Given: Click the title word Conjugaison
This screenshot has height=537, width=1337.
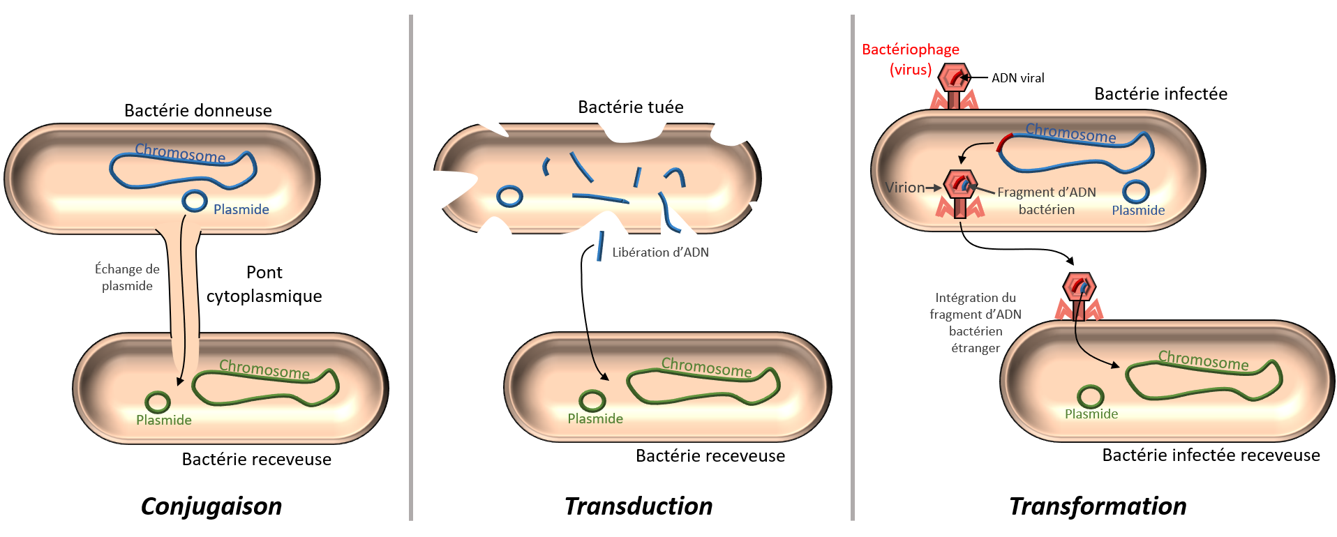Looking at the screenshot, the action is pos(211,506).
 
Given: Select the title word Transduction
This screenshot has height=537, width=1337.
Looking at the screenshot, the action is pos(638,506).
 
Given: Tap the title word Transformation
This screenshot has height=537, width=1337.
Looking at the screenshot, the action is pos(1098,506).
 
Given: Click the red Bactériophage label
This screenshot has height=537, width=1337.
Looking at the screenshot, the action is pos(911,50).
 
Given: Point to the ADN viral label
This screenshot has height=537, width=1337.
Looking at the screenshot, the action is pos(1018,78).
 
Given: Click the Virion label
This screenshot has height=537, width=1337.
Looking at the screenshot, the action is pos(904,188).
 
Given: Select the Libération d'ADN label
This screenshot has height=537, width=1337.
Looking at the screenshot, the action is pos(660,252).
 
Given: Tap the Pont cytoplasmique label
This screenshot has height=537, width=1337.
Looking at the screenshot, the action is pos(264,284).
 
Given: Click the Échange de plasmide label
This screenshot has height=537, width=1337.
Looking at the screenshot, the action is pos(127,277).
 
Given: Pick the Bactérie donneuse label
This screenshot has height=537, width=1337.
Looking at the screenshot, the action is pos(198,111).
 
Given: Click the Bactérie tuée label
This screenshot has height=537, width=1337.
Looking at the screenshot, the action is pos(631,107).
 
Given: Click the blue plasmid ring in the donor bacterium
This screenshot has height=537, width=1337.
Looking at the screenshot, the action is pos(195,201).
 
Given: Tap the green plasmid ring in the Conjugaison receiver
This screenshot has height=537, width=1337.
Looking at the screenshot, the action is pos(158,402).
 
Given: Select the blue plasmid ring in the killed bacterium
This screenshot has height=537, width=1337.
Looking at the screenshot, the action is pos(509,196).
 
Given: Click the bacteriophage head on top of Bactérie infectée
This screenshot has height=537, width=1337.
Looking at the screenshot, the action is pos(954,77).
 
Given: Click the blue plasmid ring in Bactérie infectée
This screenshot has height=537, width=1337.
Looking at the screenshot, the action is pos(1136,192).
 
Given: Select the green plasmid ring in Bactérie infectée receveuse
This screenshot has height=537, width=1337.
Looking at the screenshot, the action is pos(1090,397).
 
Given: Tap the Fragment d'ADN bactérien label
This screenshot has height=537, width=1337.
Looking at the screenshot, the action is pos(1047,201).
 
